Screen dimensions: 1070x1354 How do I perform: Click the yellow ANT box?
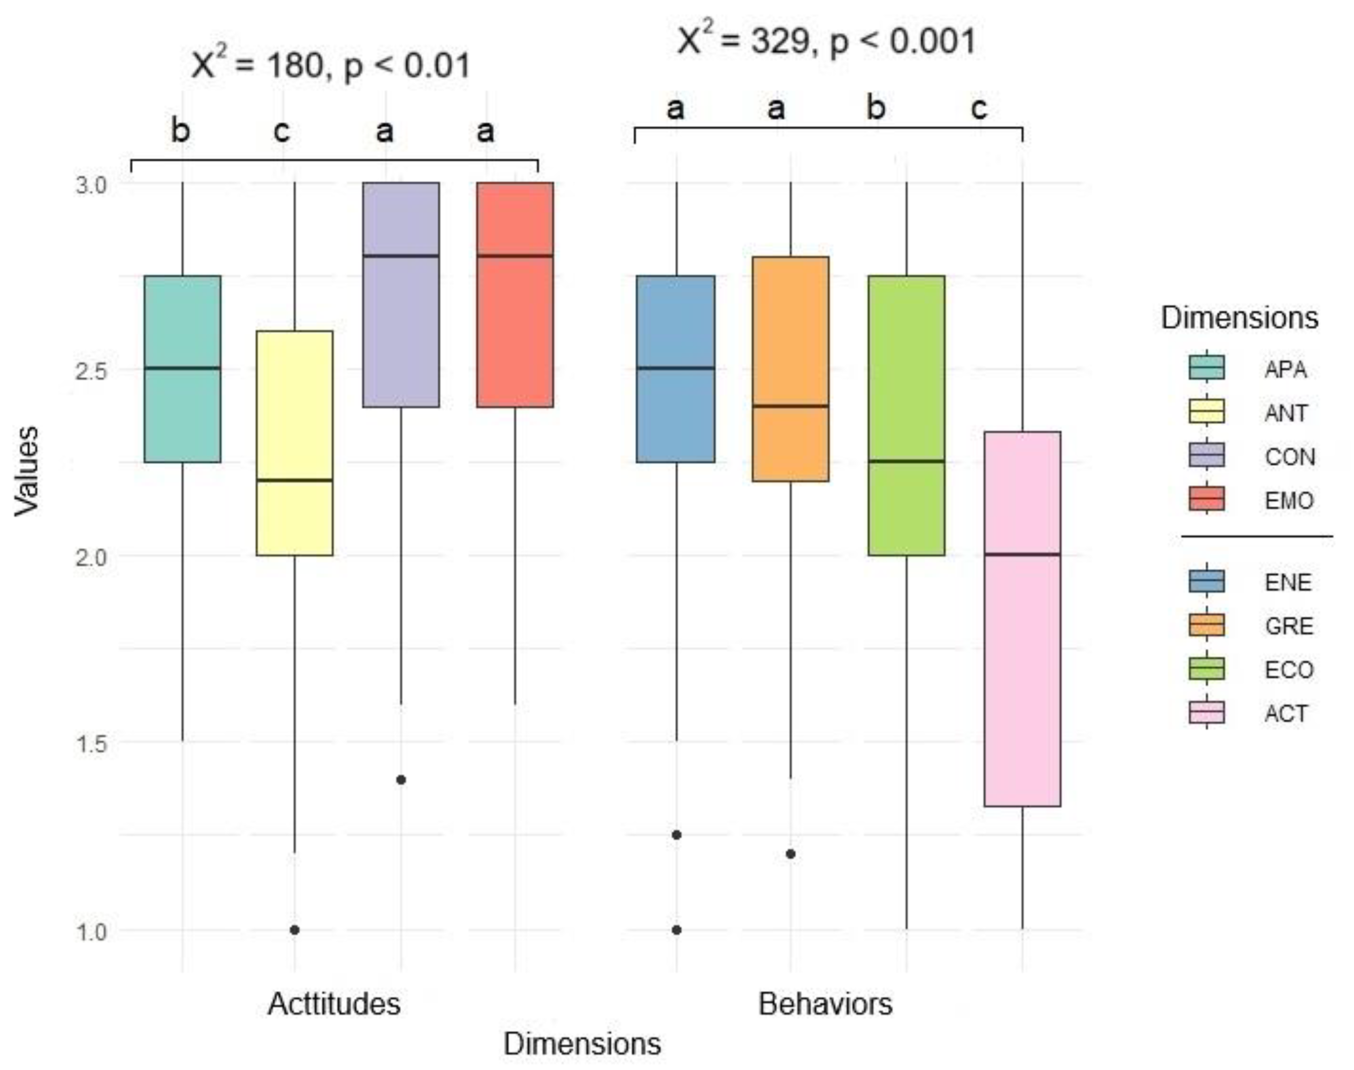click(x=295, y=442)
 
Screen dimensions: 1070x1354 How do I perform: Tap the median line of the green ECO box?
click(x=906, y=461)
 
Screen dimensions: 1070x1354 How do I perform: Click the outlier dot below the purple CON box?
click(x=401, y=780)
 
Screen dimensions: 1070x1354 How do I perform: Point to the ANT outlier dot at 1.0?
click(x=295, y=929)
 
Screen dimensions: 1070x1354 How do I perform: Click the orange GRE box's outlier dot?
click(x=791, y=854)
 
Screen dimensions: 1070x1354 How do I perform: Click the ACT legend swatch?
click(x=1206, y=713)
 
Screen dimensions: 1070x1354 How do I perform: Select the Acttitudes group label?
click(x=334, y=1004)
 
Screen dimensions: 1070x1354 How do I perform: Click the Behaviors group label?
click(x=825, y=1004)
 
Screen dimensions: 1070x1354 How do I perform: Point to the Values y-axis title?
click(x=26, y=471)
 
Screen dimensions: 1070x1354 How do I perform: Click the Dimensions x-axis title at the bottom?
click(x=582, y=1044)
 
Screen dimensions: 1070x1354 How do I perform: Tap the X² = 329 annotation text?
click(x=826, y=41)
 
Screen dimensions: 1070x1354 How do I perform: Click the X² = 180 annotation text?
click(x=330, y=65)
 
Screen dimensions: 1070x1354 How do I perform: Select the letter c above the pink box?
click(x=979, y=108)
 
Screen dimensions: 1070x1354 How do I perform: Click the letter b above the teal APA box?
click(x=181, y=131)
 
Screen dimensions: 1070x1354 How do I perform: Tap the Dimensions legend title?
click(x=1239, y=318)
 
